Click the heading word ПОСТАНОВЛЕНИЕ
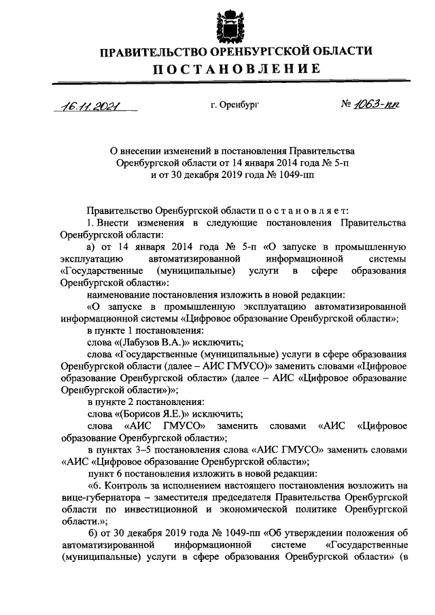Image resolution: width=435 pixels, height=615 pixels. [x=235, y=69]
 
